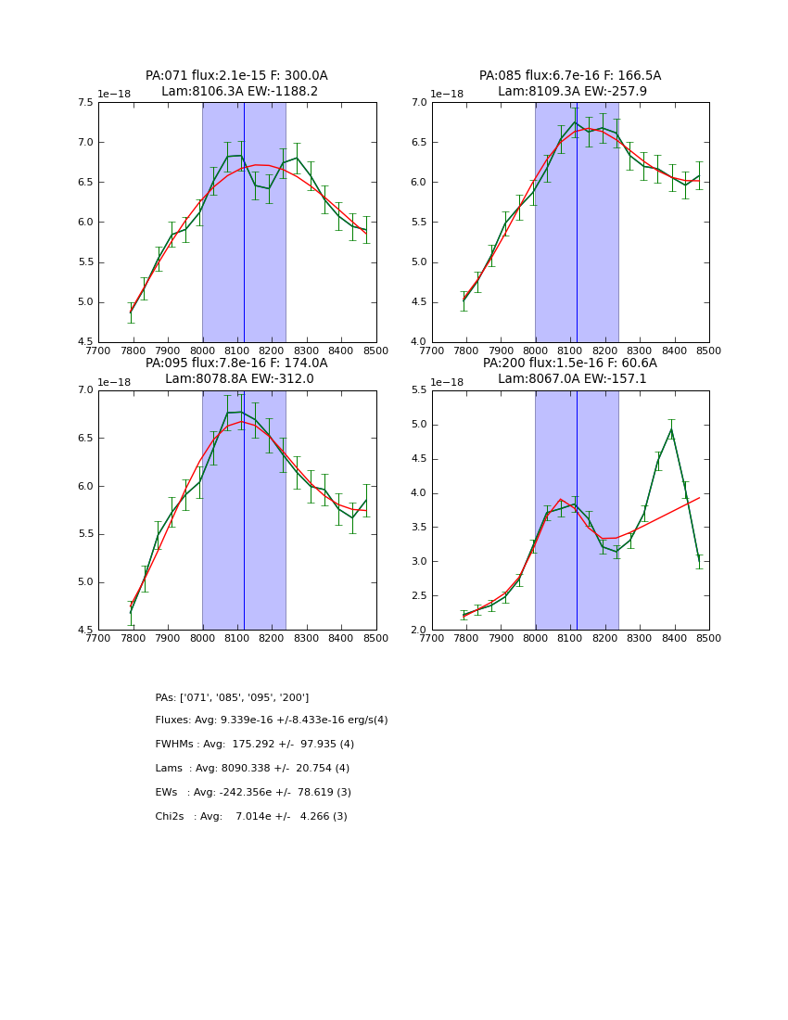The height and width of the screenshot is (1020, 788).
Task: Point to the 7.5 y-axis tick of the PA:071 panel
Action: [x=84, y=103]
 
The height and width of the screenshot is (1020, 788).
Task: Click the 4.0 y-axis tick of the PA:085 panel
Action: [x=418, y=342]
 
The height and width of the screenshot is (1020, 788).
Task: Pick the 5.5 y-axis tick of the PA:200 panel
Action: [x=418, y=390]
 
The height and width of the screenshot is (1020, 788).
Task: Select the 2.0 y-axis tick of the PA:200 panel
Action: [x=418, y=630]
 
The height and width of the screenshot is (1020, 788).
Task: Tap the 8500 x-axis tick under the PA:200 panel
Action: [x=709, y=638]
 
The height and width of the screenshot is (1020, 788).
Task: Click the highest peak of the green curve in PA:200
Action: [x=671, y=428]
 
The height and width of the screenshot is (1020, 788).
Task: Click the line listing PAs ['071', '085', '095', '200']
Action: [x=232, y=697]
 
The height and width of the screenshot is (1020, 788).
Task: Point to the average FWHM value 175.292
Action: [x=247, y=745]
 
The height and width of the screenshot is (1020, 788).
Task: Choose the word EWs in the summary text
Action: [x=166, y=793]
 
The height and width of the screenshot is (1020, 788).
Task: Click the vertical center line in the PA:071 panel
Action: [x=244, y=223]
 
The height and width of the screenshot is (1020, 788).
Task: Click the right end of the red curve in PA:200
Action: [x=699, y=498]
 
